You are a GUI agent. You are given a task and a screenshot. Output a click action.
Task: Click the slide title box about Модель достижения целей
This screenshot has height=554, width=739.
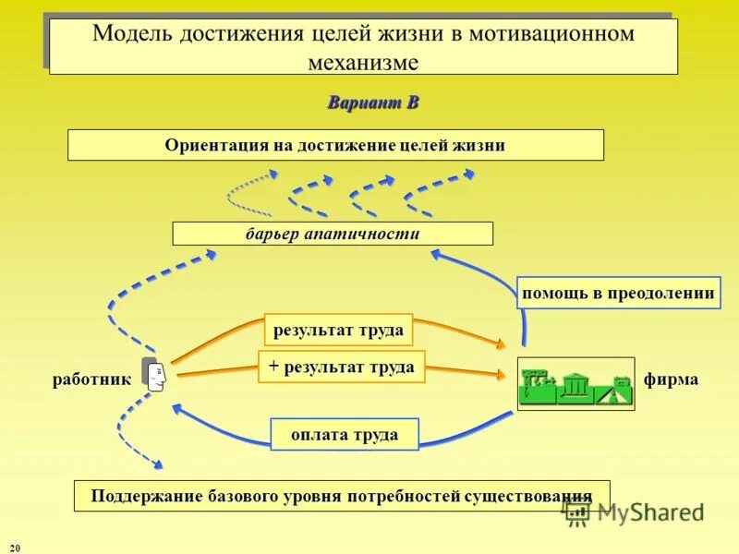point(363,46)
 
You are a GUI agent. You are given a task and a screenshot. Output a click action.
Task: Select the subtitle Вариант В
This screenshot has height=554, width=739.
point(372,102)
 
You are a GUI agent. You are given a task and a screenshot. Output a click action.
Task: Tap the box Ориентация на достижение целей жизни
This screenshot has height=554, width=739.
point(335,145)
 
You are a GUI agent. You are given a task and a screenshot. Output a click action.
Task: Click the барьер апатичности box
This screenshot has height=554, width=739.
point(333,234)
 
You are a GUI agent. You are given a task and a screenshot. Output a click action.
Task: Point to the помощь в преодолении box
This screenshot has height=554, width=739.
point(618,293)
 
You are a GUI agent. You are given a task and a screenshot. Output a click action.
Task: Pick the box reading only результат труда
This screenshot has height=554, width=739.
point(338,330)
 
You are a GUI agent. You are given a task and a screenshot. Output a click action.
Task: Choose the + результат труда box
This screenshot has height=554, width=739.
point(341,367)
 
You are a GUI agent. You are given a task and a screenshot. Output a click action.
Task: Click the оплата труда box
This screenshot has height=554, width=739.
point(345,434)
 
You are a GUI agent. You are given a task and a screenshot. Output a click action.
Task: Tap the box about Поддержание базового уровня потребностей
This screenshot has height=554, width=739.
point(342,496)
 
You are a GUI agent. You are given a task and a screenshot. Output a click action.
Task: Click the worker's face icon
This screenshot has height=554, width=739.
point(154,374)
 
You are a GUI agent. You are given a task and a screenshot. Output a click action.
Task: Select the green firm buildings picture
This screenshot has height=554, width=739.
point(575,383)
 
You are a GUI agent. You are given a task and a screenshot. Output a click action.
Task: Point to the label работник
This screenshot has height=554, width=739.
point(91,379)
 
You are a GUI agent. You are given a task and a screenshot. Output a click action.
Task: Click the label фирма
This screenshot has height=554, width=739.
point(672,379)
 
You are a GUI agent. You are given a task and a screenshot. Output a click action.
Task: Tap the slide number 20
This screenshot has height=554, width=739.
point(14,548)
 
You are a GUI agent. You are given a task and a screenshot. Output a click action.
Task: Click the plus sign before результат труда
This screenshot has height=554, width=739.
point(273,367)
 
